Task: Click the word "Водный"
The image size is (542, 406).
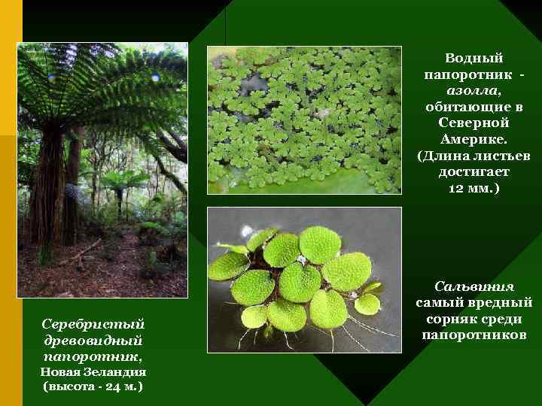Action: (473, 58)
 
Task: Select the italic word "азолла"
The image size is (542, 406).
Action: (472, 89)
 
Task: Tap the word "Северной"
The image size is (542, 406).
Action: (473, 123)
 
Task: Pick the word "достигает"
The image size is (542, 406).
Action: (473, 172)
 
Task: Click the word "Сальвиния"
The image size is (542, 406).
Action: (474, 286)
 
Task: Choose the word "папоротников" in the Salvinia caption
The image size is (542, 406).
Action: (474, 335)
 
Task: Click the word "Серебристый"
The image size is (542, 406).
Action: (93, 324)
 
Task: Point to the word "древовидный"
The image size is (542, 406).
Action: (93, 340)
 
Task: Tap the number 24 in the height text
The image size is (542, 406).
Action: (108, 386)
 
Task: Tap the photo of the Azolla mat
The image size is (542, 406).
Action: (304, 120)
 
